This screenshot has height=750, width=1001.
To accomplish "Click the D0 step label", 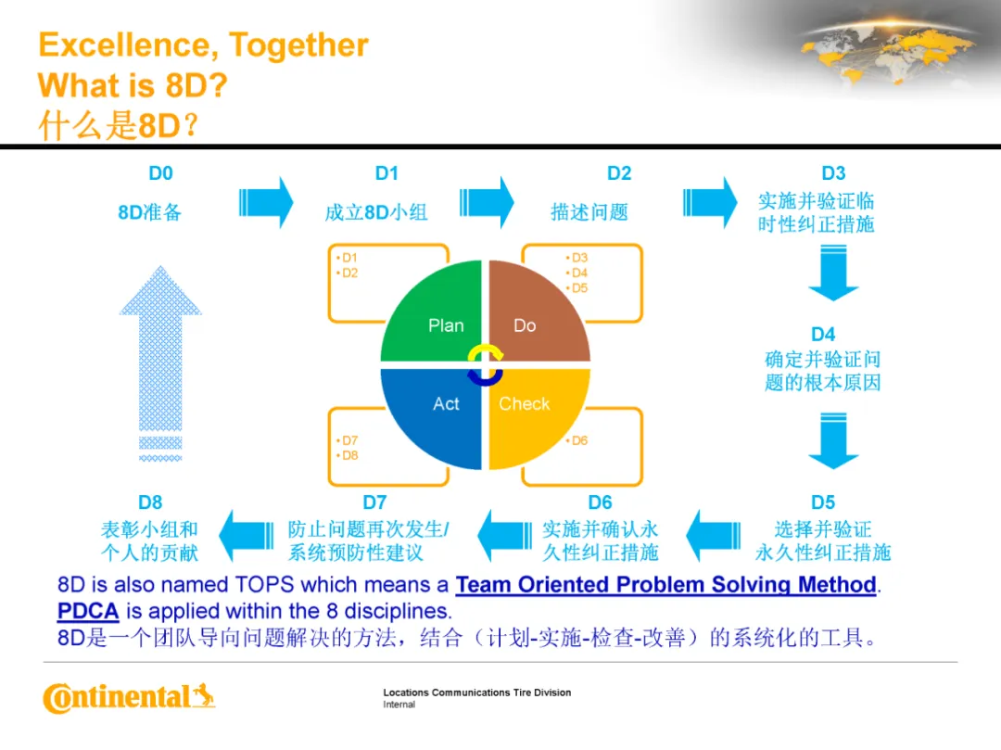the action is click(161, 173).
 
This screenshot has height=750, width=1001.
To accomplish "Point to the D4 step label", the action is click(823, 335).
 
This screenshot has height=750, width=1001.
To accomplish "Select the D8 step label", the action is click(150, 502).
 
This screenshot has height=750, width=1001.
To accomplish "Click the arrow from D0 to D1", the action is click(266, 203).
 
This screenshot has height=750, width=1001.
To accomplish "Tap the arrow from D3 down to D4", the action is click(833, 273).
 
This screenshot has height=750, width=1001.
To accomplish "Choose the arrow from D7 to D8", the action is click(247, 536).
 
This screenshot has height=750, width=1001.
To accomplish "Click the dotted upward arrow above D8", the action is click(160, 363).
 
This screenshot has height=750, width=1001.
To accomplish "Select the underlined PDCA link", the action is click(88, 612).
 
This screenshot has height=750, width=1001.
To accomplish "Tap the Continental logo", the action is click(129, 698).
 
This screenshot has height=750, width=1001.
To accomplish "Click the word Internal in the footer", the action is click(399, 705).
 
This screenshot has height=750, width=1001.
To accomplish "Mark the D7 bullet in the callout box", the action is click(348, 440).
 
